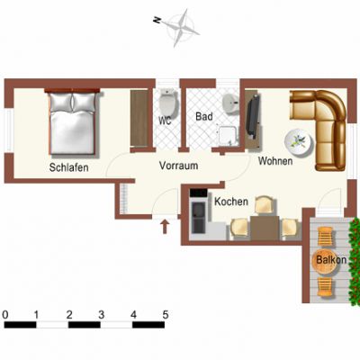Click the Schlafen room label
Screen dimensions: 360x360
68,167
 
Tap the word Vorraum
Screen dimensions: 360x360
178,166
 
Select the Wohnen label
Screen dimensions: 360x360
275,161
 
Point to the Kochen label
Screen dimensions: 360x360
231,202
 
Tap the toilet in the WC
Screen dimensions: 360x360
168,101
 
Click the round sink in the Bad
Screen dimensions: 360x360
230,103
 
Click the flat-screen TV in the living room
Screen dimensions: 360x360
251,116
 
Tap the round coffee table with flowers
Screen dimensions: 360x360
300,142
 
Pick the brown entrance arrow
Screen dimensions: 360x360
165,227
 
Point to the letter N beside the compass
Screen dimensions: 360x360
157,20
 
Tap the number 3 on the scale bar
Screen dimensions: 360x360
101,315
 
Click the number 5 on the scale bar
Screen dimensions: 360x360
166,315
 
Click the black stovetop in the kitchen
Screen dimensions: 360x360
199,193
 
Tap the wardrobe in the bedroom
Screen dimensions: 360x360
139,118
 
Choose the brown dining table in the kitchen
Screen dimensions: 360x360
265,228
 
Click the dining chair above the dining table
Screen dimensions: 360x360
265,204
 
